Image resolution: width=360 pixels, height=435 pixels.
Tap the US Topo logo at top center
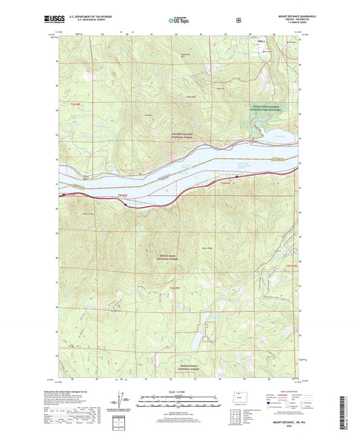click(x=179, y=21)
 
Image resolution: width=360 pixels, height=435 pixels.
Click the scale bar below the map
click(x=180, y=403)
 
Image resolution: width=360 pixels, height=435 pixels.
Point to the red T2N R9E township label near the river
click(x=224, y=183)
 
